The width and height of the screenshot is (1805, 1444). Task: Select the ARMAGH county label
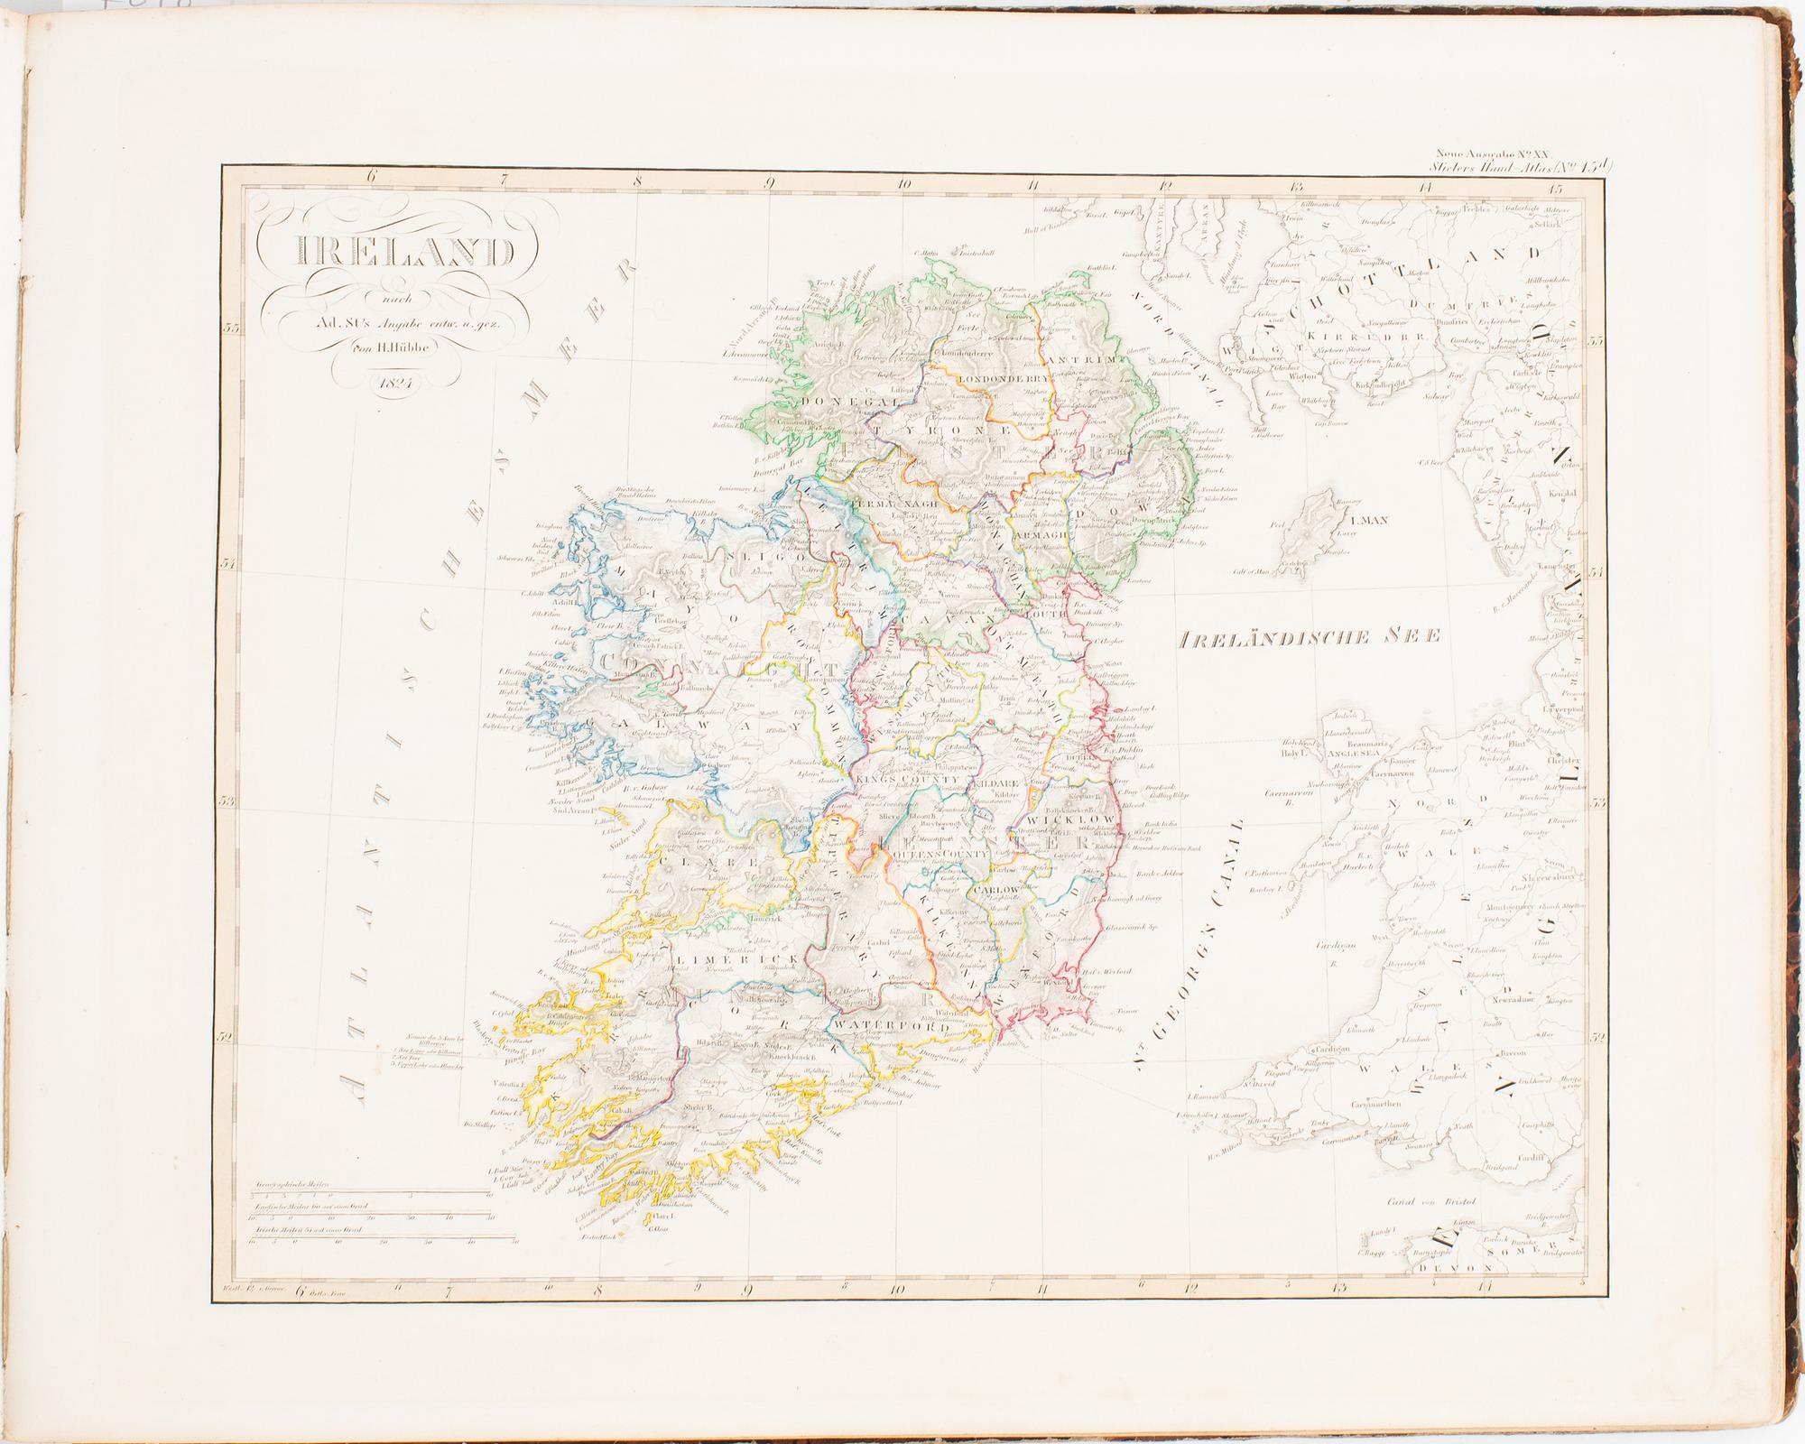tap(1038, 534)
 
